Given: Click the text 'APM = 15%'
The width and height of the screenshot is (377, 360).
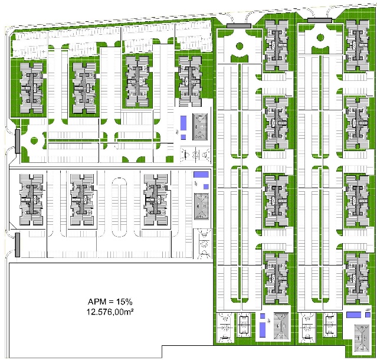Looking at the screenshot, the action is [x=110, y=302].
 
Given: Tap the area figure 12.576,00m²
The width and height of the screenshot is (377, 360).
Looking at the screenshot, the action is [x=110, y=312].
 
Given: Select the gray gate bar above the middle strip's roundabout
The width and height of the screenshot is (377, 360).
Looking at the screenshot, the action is [x=239, y=26].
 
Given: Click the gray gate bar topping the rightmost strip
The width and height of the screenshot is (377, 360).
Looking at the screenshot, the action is [x=320, y=21].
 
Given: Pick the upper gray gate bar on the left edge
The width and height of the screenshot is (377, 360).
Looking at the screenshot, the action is [x=18, y=141].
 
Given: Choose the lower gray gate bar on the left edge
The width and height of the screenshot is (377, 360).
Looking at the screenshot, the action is [x=18, y=244].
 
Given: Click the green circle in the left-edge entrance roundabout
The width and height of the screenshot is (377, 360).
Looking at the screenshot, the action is [x=34, y=140].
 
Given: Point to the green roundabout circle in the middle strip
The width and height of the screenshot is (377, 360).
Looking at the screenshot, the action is [x=239, y=46].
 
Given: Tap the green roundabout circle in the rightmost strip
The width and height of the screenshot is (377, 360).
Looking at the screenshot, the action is [x=320, y=38].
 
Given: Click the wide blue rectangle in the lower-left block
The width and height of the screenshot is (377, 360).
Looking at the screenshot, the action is [x=201, y=174].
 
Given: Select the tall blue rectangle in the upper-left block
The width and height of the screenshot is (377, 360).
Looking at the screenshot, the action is [x=183, y=123].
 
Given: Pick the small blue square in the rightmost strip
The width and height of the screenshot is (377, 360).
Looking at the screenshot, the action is [x=368, y=315].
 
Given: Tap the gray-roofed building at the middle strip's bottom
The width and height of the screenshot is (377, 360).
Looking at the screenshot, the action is [x=281, y=326].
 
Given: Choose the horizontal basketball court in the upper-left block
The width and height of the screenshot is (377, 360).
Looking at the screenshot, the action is [x=195, y=155].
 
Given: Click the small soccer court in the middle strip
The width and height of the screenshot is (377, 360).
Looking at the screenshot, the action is [x=244, y=325].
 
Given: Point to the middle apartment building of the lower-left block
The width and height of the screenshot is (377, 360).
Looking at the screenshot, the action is [x=82, y=199].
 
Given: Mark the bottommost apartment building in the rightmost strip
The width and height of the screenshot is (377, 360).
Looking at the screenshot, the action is [x=358, y=279].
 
